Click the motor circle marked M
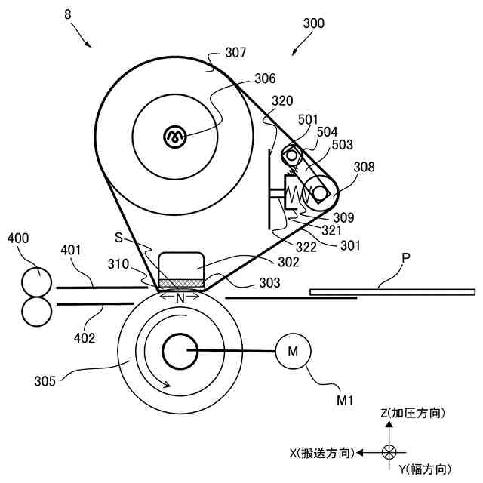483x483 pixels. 293,351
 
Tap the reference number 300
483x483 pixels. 313,23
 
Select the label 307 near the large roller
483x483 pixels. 237,54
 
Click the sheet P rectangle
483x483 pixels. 392,291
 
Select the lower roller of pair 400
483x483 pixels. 35,310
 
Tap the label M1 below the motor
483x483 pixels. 345,399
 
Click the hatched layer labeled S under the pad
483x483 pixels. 180,283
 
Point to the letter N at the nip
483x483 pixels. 180,298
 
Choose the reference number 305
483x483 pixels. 45,380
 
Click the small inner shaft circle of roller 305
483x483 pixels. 180,350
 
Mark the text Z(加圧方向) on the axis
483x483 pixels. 412,413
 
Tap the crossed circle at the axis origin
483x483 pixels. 389,453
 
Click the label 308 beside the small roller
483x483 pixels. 365,167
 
